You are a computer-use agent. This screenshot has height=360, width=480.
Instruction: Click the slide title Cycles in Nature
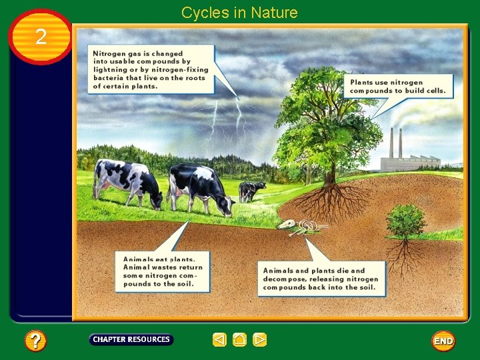[239, 13]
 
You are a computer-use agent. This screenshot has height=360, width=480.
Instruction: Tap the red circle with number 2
[41, 37]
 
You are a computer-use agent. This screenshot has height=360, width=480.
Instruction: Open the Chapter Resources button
[131, 339]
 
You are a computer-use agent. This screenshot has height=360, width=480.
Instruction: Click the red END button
[443, 341]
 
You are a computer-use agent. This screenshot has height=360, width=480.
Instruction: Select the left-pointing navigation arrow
[219, 340]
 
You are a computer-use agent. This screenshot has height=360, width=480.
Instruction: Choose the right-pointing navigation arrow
[260, 340]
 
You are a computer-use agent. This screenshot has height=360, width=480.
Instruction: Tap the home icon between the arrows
[239, 340]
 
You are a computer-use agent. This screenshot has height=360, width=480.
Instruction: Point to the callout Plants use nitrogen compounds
[398, 86]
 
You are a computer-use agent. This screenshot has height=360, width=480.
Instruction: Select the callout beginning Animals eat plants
[163, 271]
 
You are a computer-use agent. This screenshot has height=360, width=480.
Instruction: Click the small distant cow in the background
[251, 191]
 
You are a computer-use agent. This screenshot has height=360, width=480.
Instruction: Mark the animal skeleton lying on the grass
[302, 227]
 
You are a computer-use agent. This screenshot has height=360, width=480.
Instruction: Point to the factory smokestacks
[396, 142]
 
